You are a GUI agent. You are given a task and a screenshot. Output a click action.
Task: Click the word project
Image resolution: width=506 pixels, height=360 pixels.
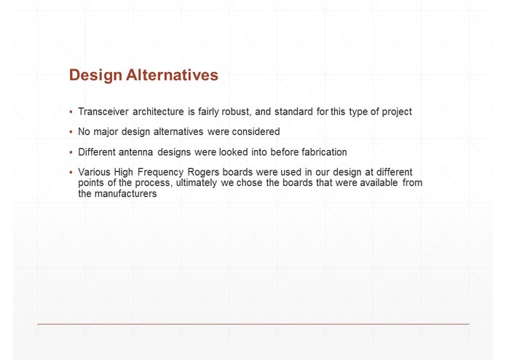[x=395, y=112]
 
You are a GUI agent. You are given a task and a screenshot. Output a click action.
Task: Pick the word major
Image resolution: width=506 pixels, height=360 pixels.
[x=106, y=132]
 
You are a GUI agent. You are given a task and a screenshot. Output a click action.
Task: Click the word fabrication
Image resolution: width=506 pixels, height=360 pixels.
[x=320, y=152]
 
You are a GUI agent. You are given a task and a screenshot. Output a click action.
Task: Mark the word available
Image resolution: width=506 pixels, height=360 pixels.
[x=376, y=182]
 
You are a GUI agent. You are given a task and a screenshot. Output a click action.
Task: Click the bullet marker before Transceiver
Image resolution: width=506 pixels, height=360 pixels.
[x=71, y=112]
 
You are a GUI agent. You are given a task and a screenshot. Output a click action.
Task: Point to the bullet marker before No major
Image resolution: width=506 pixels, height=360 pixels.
[x=71, y=132]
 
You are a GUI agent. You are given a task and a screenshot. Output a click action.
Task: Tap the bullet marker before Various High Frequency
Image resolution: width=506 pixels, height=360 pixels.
[x=71, y=172]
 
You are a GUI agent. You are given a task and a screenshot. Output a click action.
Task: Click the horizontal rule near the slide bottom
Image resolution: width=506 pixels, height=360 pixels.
[x=253, y=324]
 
